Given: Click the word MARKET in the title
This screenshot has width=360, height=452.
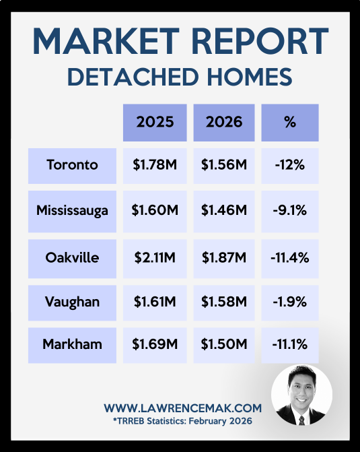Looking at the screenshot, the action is [106, 41].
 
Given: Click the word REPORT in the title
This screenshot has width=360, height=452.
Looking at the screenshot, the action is [263, 41].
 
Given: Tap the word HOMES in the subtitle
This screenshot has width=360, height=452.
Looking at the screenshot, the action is [250, 77].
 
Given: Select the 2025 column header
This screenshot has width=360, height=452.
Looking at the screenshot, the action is [155, 123].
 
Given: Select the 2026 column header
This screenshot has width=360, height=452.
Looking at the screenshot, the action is [224, 123].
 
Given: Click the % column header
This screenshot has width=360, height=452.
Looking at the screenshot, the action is [290, 123].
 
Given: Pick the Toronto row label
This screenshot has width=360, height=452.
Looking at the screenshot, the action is [72, 166].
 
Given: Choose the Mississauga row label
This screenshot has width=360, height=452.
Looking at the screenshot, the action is [72, 212].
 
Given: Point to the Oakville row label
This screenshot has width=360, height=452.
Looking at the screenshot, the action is [72, 259].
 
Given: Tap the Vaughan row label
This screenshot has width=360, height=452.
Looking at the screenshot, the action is [72, 302].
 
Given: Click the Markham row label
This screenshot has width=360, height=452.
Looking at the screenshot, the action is [72, 345].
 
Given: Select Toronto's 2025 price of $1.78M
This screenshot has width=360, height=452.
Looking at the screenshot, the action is [155, 166].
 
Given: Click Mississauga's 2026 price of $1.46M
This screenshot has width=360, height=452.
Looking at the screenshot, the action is [224, 212].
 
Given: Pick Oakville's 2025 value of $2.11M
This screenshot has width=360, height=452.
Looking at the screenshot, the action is [155, 259].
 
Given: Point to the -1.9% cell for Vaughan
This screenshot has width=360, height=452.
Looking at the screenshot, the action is [290, 302].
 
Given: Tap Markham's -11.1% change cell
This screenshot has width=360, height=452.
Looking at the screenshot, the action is [290, 345].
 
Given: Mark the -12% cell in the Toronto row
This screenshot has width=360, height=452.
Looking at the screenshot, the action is [290, 166].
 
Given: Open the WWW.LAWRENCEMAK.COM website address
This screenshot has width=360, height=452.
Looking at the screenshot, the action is [183, 408].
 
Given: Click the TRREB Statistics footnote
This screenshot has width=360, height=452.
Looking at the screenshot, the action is [182, 421].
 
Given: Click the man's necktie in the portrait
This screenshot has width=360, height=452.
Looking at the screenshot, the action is [301, 420].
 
